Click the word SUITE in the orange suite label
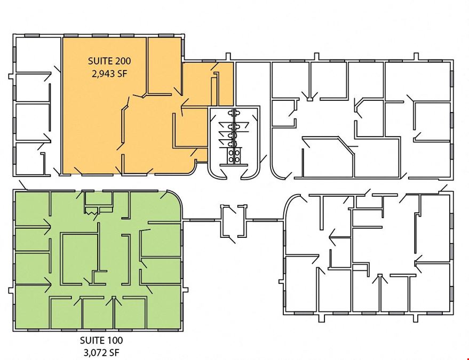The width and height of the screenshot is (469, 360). coord(99,61)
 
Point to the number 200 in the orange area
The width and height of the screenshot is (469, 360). coord(122,61)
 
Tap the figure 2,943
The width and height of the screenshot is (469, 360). coord(103,74)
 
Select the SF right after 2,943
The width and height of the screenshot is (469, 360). coord(122,74)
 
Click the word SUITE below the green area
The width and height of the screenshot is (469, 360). coord(91,340)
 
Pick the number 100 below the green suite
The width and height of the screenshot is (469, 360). coord(114,340)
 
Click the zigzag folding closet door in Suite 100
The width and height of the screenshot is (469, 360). coord(92,212)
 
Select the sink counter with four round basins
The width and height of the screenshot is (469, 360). coord(234,156)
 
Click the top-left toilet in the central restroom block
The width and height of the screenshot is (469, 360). coord(231,113)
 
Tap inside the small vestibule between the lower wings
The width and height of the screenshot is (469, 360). coord(234,221)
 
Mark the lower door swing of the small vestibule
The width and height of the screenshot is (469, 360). coord(232,239)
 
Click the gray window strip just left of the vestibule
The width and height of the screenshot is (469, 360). coord(202,221)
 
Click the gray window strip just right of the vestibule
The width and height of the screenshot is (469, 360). coord(265,221)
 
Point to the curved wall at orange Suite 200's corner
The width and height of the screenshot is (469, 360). coord(194,168)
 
